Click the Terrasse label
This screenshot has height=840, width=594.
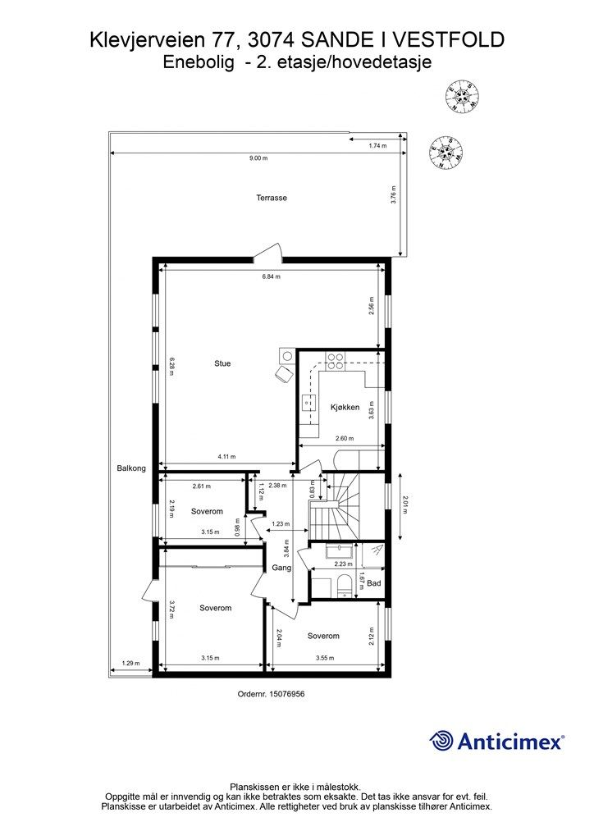272,198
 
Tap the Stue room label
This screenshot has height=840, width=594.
222,363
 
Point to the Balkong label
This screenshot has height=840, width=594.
130,468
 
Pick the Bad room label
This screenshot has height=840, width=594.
374,584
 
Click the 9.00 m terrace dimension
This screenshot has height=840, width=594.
258,158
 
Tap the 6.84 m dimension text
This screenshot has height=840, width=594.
272,277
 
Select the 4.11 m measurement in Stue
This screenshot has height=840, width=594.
226,457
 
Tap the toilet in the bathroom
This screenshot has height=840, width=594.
344,584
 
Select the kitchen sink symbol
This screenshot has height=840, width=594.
310,402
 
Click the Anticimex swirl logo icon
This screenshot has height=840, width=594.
442,741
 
